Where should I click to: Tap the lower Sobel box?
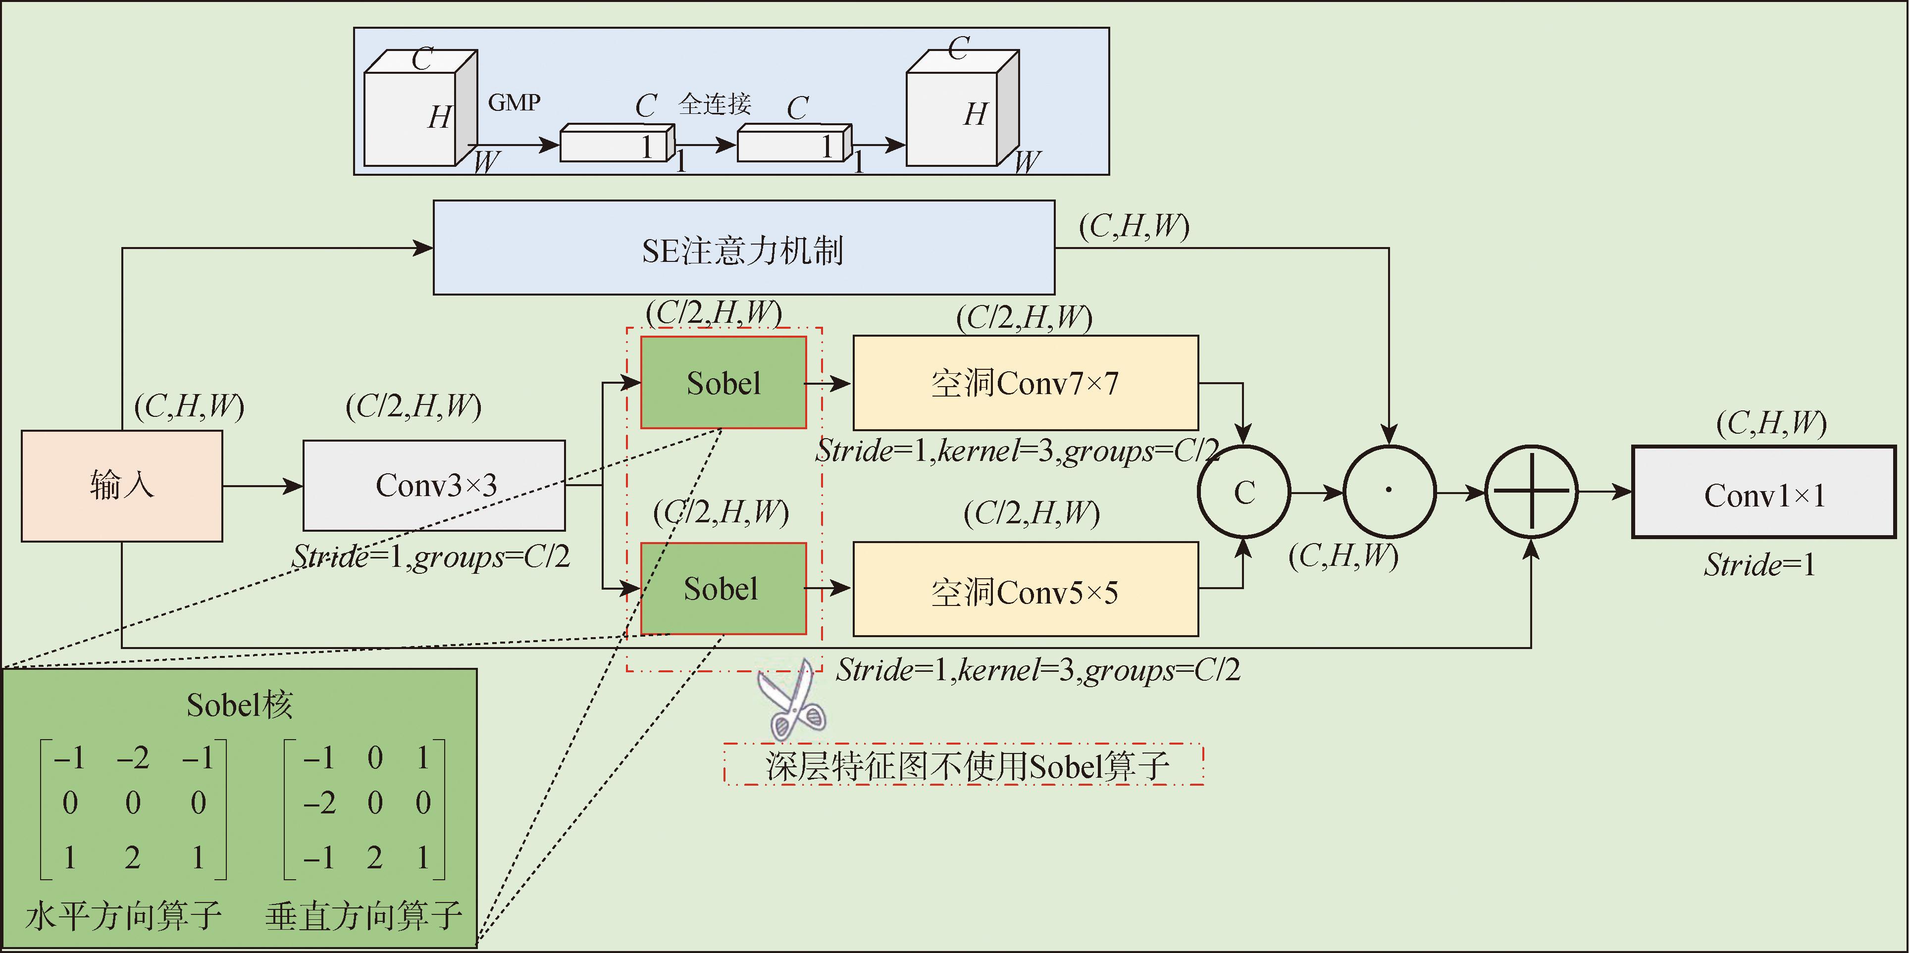pos(723,589)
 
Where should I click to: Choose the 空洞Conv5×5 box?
pos(1026,591)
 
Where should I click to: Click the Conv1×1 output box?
pos(1764,493)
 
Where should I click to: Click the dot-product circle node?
pos(1389,491)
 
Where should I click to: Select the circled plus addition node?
pos(1531,491)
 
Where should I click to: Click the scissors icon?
pos(791,701)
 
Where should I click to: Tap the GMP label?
pos(515,102)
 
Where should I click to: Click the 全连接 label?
pos(715,104)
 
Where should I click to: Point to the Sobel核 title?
pos(239,705)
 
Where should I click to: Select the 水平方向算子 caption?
pos(123,916)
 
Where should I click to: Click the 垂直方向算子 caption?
pos(363,916)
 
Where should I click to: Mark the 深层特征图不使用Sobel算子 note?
pos(963,765)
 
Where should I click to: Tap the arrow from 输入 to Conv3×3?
pos(262,486)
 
